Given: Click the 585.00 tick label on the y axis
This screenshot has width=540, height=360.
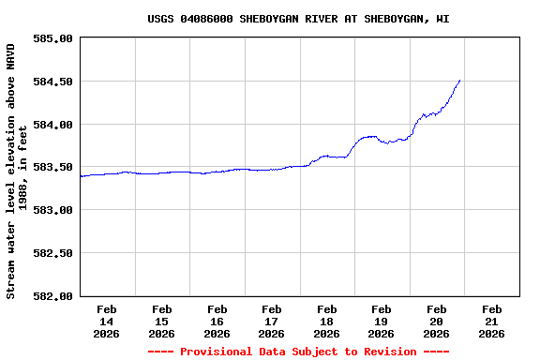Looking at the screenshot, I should (52, 38).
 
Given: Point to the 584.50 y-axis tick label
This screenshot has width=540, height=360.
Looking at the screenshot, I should (52, 82).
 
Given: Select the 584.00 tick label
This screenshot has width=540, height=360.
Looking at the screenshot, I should (52, 125).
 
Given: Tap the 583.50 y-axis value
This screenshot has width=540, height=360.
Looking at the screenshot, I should (52, 167).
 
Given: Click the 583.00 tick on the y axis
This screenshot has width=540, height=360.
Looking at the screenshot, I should (52, 210).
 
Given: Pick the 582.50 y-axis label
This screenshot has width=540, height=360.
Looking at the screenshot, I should (52, 253).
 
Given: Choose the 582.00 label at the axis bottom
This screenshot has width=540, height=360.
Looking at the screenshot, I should (52, 296).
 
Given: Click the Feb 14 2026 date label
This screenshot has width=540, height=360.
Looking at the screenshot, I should (107, 321).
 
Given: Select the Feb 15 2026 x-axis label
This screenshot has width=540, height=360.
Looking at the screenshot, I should (161, 321).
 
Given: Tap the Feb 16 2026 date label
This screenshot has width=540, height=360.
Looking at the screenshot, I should (217, 321).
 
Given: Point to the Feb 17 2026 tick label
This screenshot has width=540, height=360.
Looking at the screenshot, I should (272, 321).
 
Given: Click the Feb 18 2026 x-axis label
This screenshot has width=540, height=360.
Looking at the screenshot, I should (326, 321).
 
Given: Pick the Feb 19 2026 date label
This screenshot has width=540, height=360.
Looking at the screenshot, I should (382, 321).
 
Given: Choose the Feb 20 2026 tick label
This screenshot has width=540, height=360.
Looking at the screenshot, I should (436, 321).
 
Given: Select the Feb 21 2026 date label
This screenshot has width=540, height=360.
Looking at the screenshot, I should (491, 321).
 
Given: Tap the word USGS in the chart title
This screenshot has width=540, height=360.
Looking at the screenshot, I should (161, 19).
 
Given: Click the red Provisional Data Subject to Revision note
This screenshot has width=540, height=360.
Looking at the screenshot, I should (298, 352).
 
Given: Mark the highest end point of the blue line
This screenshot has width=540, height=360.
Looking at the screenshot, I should (459, 81).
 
